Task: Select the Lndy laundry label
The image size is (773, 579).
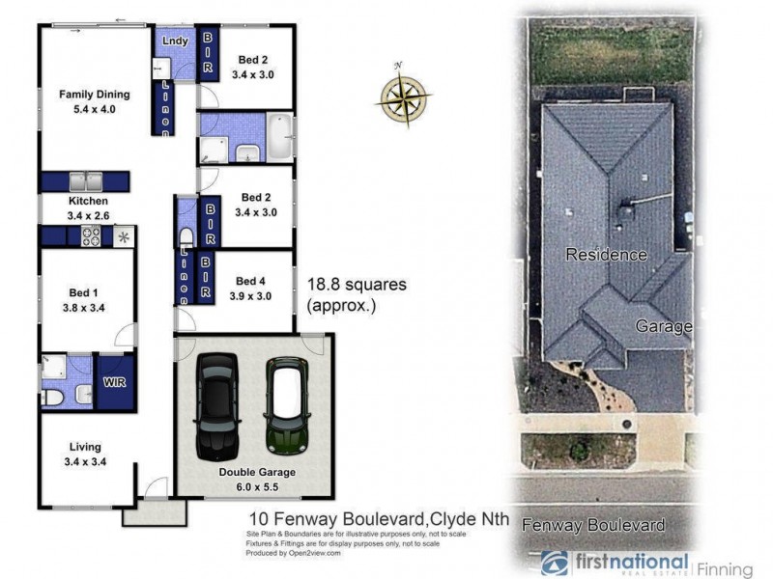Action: (175, 41)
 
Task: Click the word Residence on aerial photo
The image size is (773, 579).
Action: (605, 255)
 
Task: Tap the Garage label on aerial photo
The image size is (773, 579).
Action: (663, 326)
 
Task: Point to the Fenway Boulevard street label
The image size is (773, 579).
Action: (593, 525)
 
